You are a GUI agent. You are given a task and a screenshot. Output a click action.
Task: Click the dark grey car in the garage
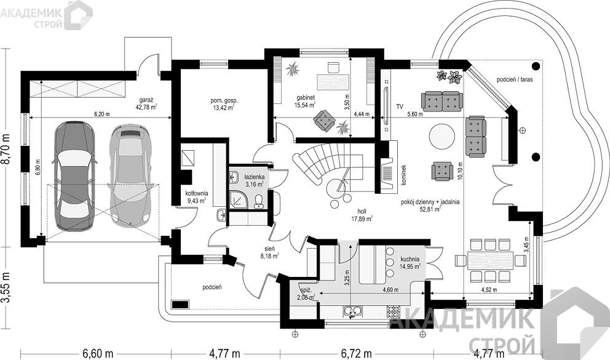point(73,176)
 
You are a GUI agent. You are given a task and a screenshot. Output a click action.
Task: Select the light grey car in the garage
point(129,176)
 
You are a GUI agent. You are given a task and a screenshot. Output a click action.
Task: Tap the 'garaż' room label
point(146,99)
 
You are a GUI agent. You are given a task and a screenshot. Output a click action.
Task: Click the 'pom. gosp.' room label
point(223,100)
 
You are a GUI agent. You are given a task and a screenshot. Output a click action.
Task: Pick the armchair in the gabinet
point(325,120)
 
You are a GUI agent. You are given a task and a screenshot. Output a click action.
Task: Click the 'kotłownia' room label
point(196,193)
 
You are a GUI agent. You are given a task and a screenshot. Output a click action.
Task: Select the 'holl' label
point(362,211)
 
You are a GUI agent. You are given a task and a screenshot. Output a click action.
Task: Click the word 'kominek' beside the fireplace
point(404,174)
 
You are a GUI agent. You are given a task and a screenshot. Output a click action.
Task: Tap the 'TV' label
point(400,106)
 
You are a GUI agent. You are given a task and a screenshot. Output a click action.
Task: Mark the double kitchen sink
point(352,311)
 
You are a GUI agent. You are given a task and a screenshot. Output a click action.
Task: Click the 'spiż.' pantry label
point(306,290)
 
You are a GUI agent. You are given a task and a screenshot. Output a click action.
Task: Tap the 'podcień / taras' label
point(515,79)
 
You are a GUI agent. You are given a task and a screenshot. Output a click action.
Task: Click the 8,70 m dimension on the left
point(6,148)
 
